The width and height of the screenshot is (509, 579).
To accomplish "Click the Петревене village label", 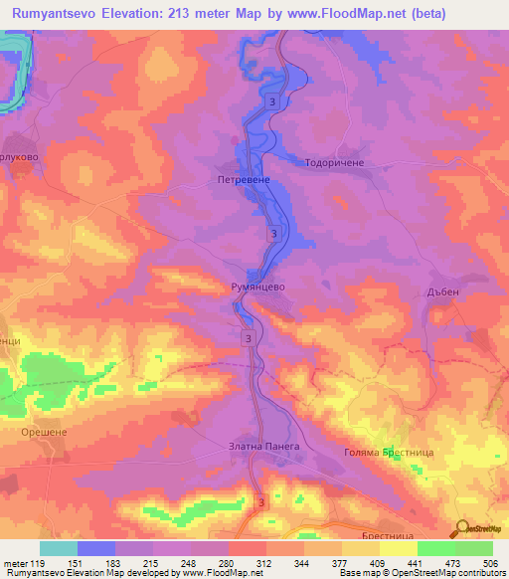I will [x=240, y=180].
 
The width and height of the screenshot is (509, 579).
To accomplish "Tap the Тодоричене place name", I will [x=335, y=162].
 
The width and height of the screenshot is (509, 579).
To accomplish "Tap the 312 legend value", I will [x=265, y=563].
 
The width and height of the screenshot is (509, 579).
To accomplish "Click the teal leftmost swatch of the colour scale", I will [x=59, y=548].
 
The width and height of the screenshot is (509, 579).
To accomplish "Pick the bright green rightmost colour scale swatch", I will [x=473, y=548].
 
